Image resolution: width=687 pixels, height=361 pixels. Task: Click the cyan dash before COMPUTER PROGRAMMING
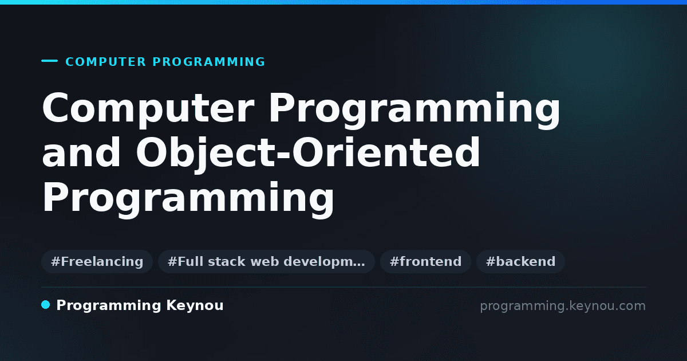click(x=49, y=61)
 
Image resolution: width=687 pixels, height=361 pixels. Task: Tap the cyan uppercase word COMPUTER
click(x=106, y=62)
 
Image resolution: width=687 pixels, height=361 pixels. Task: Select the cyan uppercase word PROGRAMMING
click(x=209, y=62)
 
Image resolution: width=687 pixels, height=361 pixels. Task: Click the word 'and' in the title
click(x=81, y=152)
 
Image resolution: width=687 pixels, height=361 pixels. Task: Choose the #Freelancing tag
click(x=97, y=261)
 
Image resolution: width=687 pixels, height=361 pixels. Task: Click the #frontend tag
click(x=425, y=261)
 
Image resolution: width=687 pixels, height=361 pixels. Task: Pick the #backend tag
click(x=520, y=261)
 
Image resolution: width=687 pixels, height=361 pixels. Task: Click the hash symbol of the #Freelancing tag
click(x=56, y=261)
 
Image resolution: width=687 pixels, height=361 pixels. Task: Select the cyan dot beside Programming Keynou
click(x=46, y=305)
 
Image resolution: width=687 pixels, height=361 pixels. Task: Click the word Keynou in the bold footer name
click(x=195, y=305)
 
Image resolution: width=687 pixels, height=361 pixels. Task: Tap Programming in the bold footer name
click(x=109, y=306)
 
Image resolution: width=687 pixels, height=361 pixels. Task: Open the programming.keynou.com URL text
click(x=563, y=306)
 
